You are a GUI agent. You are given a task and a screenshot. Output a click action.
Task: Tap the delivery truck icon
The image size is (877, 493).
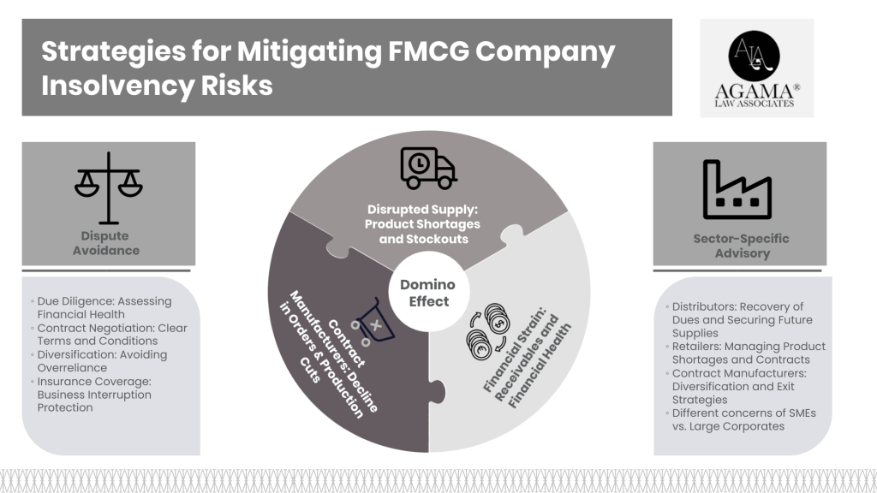point(427,169)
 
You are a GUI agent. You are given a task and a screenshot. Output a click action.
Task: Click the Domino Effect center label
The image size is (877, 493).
point(427,293)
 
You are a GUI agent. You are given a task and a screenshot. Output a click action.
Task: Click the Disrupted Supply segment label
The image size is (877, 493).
point(424,224)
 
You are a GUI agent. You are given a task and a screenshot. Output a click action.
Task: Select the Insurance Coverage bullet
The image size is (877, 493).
point(97,395)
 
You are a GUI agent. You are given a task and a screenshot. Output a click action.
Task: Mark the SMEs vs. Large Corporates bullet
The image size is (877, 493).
point(738,419)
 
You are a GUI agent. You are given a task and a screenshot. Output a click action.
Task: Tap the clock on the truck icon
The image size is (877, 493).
point(419,162)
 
